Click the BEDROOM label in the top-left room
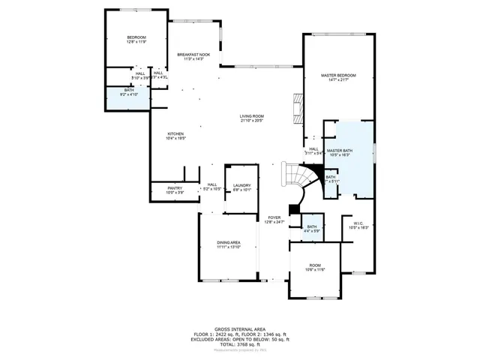click(136, 37)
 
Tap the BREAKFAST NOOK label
click(193, 55)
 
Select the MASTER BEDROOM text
click(337, 76)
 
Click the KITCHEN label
click(175, 134)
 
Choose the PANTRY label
click(174, 188)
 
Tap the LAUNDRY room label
click(241, 185)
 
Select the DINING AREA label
click(229, 242)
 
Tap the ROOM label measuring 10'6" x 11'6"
click(315, 265)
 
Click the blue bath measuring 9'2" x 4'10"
click(129, 93)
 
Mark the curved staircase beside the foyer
click(295, 179)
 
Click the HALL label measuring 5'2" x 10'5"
click(212, 184)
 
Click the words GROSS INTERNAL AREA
click(239, 328)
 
